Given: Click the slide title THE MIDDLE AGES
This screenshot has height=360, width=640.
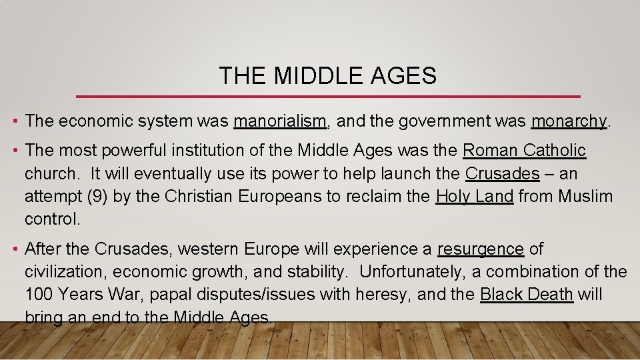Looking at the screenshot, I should [x=327, y=76].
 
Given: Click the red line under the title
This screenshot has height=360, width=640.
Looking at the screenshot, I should [x=328, y=97].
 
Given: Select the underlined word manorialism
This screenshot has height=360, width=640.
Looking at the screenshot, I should [x=280, y=121].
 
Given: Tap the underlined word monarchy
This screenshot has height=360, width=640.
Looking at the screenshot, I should [x=569, y=121].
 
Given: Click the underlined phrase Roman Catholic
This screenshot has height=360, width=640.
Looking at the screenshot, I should [x=524, y=151].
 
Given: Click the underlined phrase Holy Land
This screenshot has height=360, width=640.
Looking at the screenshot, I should [x=474, y=196].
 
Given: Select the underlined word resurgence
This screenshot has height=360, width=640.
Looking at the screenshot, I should [x=480, y=249].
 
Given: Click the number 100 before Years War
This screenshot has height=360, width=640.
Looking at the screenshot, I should [x=39, y=295].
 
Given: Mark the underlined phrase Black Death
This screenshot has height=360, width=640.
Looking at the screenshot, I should [x=526, y=295].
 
